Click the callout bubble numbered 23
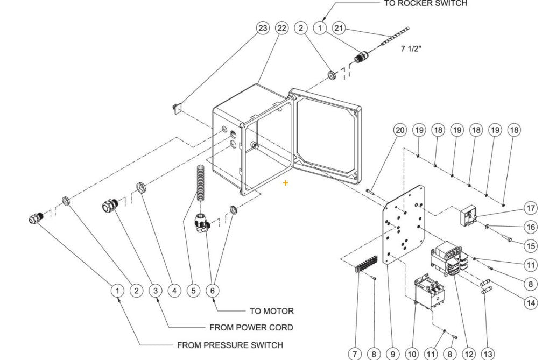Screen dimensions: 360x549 [x=262, y=28]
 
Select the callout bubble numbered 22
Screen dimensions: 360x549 [x=281, y=28]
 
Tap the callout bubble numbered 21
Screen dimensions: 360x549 [x=339, y=28]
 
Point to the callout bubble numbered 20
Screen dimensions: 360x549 [x=399, y=130]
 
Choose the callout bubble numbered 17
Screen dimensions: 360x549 [x=531, y=208]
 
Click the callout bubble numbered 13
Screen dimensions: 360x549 [x=488, y=354]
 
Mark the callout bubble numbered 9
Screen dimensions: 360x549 [x=393, y=354]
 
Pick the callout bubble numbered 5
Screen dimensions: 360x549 [x=193, y=291]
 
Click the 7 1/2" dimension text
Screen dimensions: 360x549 [x=411, y=48]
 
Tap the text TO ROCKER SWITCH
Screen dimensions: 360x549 [x=425, y=4]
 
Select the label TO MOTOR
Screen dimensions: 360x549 [x=271, y=311]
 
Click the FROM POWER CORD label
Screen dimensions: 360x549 [x=251, y=327]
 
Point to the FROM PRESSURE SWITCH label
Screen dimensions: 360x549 [x=230, y=345]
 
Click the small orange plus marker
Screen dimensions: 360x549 [x=286, y=183]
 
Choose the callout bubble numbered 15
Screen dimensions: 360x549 [x=531, y=246]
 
